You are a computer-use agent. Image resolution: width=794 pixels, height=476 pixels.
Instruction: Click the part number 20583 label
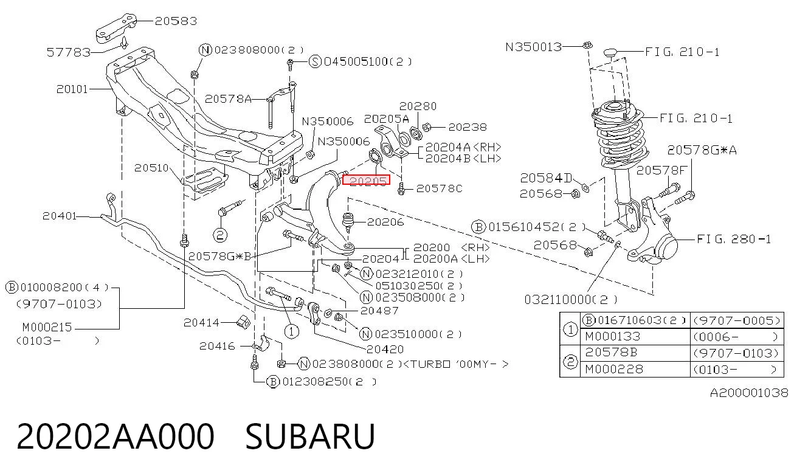tap(176, 21)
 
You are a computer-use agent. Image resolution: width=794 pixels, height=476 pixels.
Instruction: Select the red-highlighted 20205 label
tap(366, 180)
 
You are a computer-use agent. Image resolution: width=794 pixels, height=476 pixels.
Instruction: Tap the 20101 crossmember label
tap(72, 89)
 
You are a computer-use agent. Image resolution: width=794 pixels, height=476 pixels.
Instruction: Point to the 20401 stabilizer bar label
tap(59, 216)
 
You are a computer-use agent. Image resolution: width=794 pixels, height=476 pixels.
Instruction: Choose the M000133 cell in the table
tap(613, 336)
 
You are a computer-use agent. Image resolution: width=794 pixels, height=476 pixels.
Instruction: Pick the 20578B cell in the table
tap(611, 353)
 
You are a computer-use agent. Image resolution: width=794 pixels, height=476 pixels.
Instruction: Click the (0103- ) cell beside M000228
tap(736, 370)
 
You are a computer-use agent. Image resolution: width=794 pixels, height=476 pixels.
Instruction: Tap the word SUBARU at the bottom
tap(310, 436)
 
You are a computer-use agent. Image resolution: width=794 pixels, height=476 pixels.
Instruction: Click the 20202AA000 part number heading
tap(116, 436)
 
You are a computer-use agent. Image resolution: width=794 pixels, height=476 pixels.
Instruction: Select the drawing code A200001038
tap(749, 393)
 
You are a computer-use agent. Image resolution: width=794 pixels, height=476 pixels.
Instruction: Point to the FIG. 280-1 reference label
tap(733, 240)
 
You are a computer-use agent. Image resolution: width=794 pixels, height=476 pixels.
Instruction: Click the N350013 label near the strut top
tap(533, 47)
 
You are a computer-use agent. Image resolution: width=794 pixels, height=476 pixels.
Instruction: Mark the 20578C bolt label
tap(439, 188)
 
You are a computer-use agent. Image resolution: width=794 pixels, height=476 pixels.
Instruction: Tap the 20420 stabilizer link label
tap(385, 350)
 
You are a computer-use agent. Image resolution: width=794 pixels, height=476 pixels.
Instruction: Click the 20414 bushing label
tap(201, 323)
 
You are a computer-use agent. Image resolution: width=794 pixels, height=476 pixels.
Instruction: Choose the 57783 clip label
tap(69, 52)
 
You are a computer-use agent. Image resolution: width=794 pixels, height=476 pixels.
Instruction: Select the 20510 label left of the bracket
tap(151, 168)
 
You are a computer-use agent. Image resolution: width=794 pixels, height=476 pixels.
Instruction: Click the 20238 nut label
tap(468, 127)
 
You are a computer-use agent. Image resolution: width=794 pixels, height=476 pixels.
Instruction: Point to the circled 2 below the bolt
tap(219, 235)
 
